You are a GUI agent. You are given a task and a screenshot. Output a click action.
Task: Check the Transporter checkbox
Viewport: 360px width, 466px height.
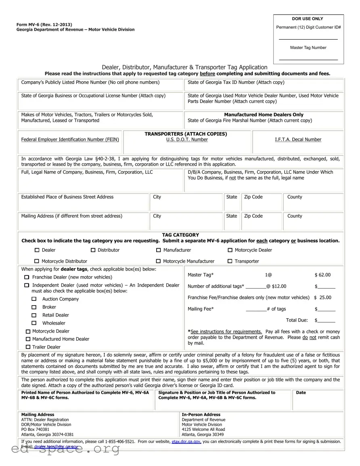(230, 261)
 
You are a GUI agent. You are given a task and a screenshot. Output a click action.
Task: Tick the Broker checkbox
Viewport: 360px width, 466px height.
(34, 307)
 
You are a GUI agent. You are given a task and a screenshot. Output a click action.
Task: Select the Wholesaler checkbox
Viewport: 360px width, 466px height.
(34, 323)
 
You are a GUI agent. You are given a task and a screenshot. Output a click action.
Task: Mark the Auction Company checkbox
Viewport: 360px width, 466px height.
(34, 299)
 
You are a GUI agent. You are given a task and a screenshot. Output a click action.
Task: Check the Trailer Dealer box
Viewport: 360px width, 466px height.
(28, 347)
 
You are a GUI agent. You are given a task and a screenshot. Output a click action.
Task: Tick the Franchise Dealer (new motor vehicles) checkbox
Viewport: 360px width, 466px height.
(27, 277)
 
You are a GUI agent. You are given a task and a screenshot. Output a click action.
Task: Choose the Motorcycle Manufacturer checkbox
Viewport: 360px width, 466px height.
(158, 261)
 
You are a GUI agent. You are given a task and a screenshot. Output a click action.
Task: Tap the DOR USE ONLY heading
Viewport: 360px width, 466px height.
(308, 19)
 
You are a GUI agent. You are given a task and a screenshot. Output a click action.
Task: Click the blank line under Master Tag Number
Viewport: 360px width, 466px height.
(308, 60)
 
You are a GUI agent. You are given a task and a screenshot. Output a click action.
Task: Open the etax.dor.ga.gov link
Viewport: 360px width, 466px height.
(186, 442)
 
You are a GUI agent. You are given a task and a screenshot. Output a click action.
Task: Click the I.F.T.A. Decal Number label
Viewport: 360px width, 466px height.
(298, 140)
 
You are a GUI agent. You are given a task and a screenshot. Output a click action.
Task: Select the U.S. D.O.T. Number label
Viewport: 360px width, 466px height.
(187, 140)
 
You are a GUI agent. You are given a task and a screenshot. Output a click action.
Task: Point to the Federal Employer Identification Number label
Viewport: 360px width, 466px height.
(70, 140)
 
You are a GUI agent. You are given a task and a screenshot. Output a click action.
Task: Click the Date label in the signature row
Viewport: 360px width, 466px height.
(301, 393)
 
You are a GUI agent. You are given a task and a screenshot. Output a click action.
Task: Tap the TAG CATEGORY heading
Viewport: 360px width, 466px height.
(180, 235)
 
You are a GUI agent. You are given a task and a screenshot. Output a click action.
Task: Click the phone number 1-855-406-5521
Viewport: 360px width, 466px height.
(120, 442)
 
